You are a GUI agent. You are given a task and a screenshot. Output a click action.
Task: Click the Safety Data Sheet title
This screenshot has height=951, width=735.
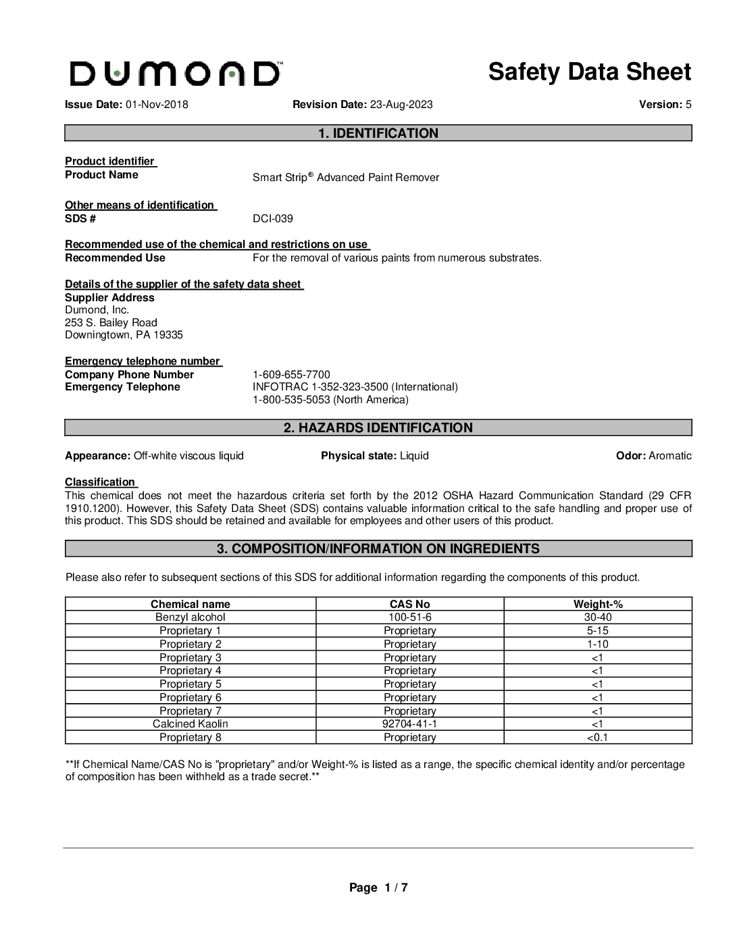pos(589,72)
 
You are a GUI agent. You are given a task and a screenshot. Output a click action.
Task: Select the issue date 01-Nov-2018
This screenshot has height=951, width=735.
pos(157,105)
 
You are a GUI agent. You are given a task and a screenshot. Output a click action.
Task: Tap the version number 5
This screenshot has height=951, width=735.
pos(688,105)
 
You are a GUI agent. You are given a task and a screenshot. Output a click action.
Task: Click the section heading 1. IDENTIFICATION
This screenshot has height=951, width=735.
pos(378,134)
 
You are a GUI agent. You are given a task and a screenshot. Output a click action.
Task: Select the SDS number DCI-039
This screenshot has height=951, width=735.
pos(273,219)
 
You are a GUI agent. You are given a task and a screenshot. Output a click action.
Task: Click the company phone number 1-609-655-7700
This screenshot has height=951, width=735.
pos(291,375)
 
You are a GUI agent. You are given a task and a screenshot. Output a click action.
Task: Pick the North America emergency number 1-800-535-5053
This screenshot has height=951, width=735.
pos(291,400)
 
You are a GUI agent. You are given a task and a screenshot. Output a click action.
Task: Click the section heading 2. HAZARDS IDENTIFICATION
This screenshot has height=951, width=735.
pos(378,428)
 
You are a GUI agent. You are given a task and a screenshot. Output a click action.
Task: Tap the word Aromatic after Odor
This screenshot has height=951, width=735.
pos(670,456)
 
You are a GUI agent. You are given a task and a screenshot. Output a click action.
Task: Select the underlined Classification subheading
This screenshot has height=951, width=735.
pos(100,482)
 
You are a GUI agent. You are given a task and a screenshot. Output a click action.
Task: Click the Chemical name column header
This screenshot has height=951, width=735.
pos(191,605)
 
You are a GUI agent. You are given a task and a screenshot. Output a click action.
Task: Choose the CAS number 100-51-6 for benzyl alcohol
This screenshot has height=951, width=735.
pos(409,617)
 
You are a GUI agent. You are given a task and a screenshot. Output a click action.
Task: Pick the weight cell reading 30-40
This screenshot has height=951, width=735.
pos(598,617)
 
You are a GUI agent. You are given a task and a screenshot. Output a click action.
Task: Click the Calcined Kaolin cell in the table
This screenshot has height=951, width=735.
pos(191,724)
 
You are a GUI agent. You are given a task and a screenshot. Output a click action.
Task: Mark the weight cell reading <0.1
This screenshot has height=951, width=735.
pos(598,738)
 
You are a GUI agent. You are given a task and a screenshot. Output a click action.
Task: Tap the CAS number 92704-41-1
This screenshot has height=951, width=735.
pos(409,724)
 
